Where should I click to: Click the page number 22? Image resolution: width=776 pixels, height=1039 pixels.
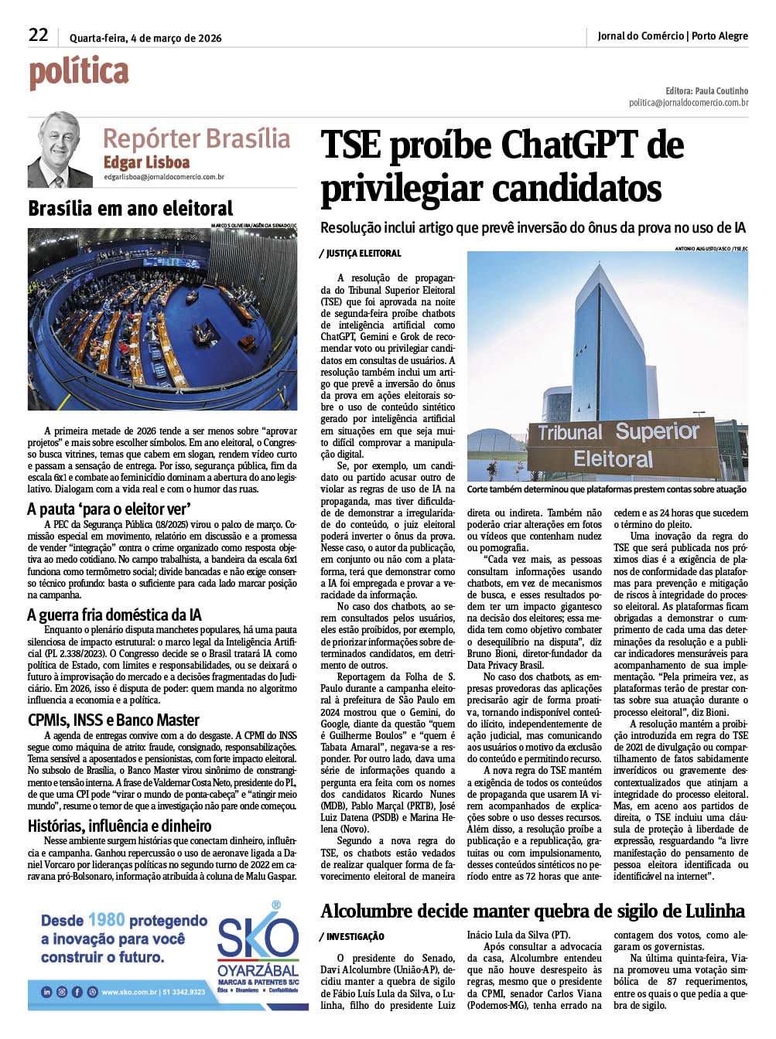click(38, 36)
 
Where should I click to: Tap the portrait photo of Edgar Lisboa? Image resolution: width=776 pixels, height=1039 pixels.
click(60, 150)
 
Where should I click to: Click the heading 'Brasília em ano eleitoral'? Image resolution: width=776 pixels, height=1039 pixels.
click(130, 209)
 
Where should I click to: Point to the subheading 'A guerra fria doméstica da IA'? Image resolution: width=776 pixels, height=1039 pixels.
click(115, 615)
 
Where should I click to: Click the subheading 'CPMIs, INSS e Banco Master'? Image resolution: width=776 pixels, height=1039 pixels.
click(114, 720)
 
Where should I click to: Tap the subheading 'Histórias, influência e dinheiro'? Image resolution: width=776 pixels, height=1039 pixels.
click(119, 826)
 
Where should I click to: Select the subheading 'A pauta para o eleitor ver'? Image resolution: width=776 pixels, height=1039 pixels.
click(109, 509)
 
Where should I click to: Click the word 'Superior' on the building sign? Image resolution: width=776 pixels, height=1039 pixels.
click(657, 431)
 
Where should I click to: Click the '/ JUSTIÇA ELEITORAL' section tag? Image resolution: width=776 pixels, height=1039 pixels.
click(361, 254)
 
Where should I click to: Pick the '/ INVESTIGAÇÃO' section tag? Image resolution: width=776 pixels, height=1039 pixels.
click(352, 936)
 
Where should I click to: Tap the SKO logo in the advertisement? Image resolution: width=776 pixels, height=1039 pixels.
click(258, 940)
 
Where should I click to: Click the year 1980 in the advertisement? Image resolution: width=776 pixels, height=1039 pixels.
click(107, 920)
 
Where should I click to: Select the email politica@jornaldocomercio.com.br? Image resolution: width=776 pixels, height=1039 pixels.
click(688, 103)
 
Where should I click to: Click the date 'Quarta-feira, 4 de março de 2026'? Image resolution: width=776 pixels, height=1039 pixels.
click(145, 38)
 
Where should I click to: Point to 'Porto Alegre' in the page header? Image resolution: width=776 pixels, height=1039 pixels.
click(720, 36)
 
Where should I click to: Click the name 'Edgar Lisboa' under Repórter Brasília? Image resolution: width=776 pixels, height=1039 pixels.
click(146, 162)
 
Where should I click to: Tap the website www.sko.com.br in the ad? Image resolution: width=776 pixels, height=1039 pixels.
click(129, 992)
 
